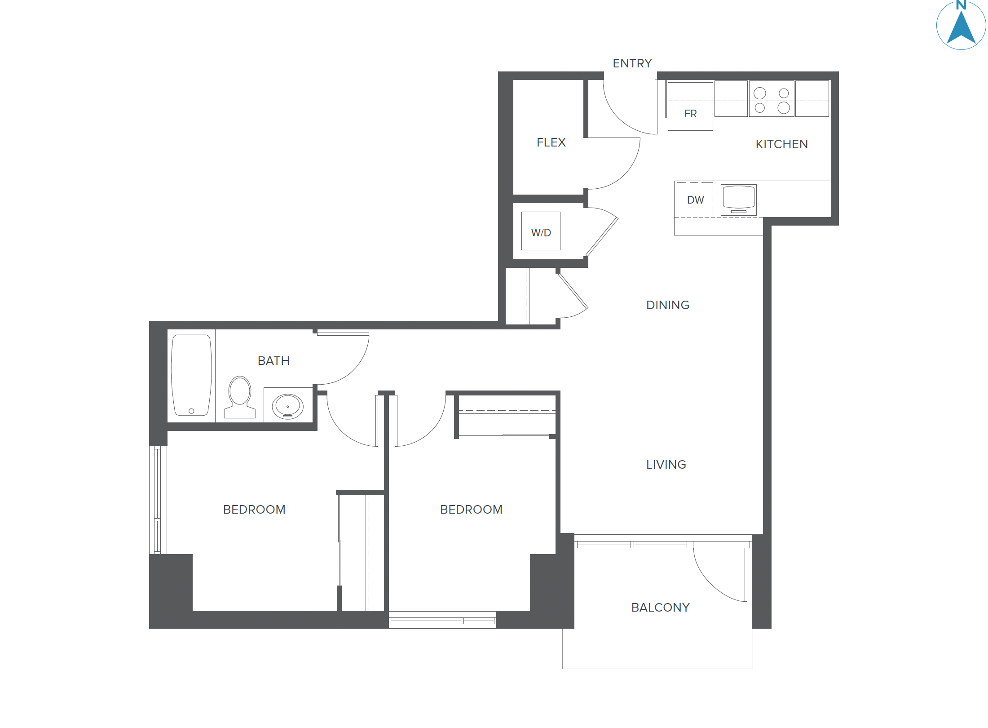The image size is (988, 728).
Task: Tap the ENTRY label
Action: tap(632, 63)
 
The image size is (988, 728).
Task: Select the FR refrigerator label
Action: tap(690, 114)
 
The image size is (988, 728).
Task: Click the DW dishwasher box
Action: tap(695, 200)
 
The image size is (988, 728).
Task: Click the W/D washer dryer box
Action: tap(541, 231)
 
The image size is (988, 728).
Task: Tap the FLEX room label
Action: tap(551, 142)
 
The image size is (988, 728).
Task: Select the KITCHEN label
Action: tap(781, 144)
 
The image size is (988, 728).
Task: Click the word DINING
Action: tap(667, 305)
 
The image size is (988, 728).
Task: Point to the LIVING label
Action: tap(666, 465)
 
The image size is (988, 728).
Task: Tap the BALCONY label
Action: tap(660, 608)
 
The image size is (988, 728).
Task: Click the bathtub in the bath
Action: tap(191, 375)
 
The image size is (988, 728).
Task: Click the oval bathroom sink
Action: tap(287, 406)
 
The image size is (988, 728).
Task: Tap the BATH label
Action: tap(273, 361)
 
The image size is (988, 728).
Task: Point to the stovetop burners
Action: tap(772, 100)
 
